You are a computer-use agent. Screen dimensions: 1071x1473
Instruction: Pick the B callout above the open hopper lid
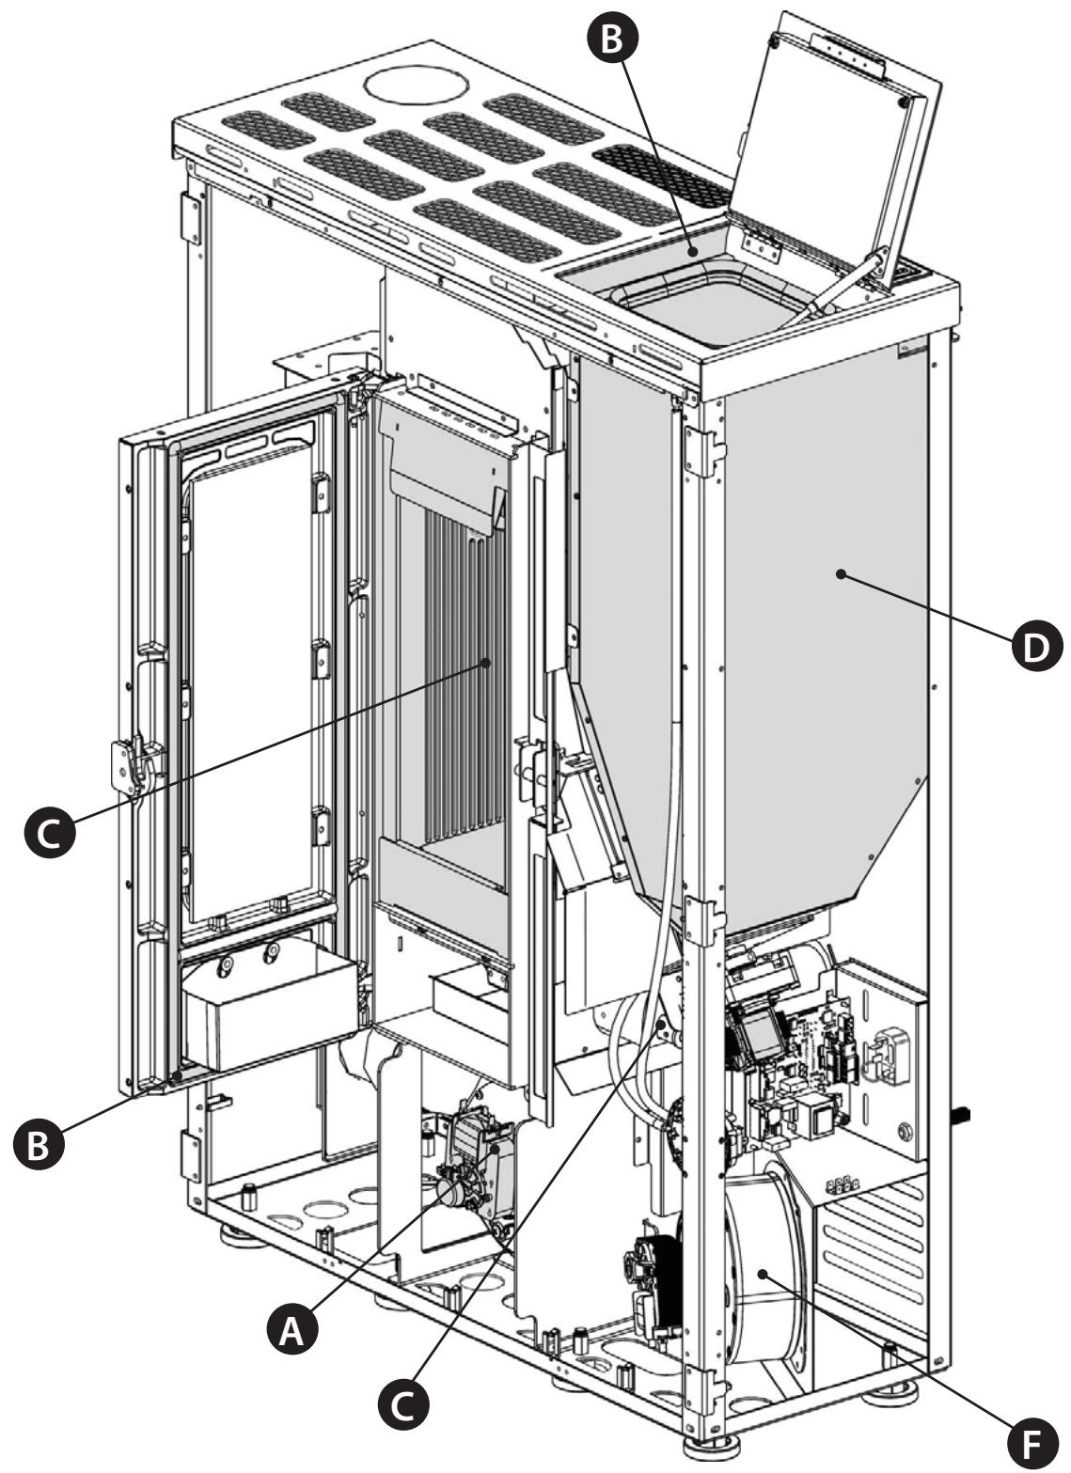click(612, 38)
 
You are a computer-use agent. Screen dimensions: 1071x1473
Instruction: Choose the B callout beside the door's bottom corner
click(39, 1144)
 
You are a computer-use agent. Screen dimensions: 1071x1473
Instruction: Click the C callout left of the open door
click(49, 833)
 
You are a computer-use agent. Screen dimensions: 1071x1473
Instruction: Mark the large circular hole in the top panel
click(417, 85)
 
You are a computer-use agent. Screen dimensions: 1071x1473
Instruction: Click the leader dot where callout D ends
click(840, 574)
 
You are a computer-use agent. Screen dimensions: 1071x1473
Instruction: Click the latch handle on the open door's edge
click(134, 764)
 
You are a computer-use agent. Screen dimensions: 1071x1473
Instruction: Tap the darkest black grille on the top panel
click(660, 175)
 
